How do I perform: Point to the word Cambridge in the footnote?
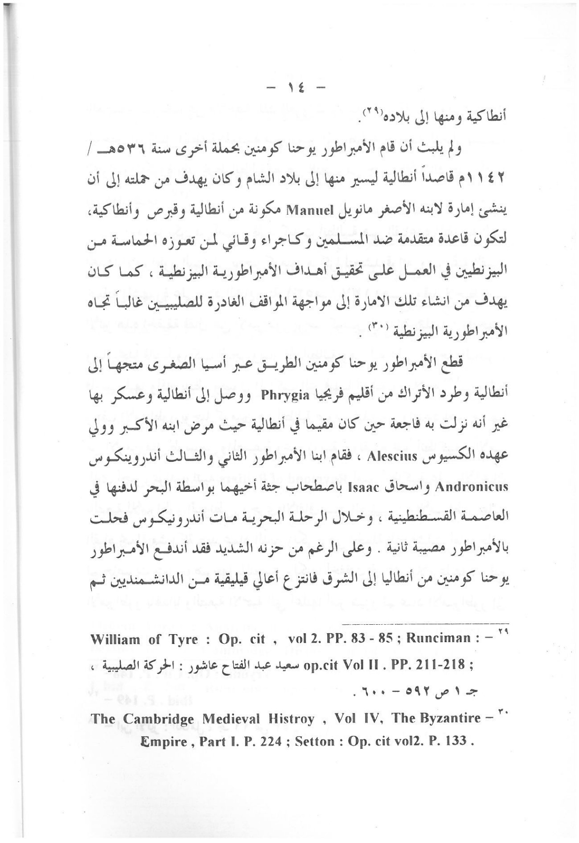point(162,719)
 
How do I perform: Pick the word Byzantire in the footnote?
point(448,719)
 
